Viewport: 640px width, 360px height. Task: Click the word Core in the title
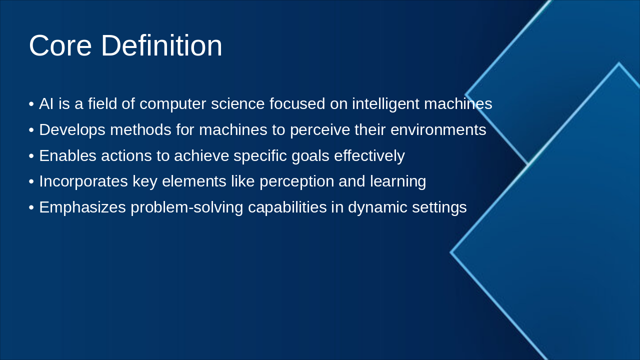point(60,45)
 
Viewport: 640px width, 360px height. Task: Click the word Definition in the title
point(161,45)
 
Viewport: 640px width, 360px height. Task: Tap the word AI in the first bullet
point(46,104)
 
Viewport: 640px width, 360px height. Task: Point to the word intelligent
point(385,104)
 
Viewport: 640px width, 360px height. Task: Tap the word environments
point(438,130)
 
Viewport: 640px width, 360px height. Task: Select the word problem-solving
point(186,207)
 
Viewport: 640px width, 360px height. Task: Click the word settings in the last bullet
point(439,207)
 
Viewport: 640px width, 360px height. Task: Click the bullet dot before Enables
point(31,156)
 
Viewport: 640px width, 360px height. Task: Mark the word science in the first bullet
point(237,104)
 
